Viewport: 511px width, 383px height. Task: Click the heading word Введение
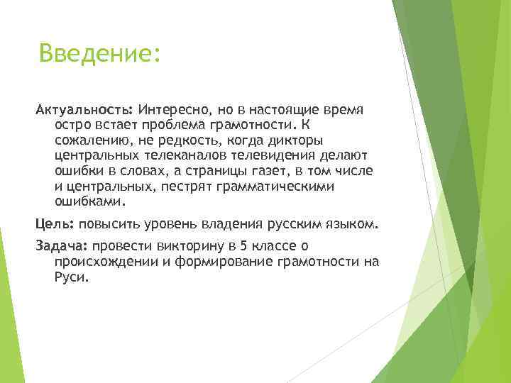[x=99, y=53]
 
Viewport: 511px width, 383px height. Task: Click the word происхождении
[x=101, y=261]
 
